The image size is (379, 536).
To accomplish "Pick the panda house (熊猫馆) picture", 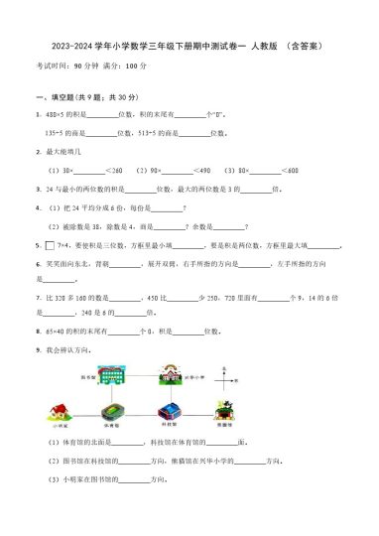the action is (x=223, y=410).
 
